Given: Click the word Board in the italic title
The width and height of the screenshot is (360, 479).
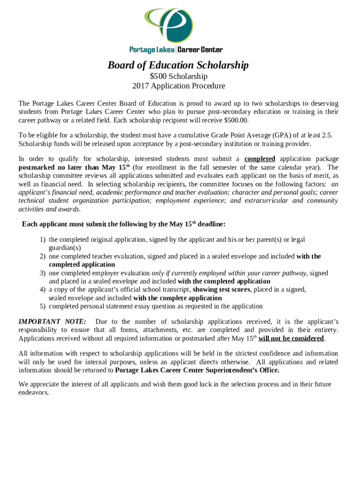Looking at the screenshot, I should pyautogui.click(x=121, y=65).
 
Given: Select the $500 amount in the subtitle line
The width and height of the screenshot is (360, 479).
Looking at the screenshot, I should pyautogui.click(x=158, y=76).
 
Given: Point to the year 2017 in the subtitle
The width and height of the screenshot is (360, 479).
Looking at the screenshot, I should pyautogui.click(x=141, y=86).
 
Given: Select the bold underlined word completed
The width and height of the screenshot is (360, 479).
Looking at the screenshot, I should pyautogui.click(x=259, y=159).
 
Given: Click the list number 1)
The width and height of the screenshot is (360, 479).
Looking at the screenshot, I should pyautogui.click(x=42, y=239).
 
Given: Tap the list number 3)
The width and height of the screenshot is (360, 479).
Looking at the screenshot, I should pyautogui.click(x=42, y=273).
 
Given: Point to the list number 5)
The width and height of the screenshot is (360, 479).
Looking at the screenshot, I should pyautogui.click(x=42, y=307).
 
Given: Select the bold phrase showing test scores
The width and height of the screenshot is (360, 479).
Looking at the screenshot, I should pyautogui.click(x=222, y=290).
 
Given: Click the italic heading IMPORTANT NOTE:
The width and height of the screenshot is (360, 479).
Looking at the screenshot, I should pyautogui.click(x=52, y=322).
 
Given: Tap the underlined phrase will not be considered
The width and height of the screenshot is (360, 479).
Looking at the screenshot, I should pyautogui.click(x=291, y=339).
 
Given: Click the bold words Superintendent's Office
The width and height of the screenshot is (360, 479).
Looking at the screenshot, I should pyautogui.click(x=238, y=370).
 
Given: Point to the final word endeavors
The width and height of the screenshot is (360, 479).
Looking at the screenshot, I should pyautogui.click(x=34, y=393).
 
